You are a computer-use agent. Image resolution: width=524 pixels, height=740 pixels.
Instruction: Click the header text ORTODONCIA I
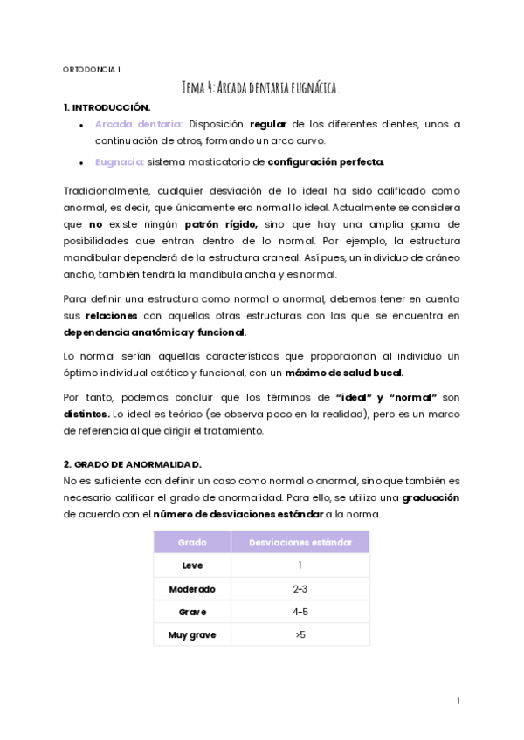coord(93,68)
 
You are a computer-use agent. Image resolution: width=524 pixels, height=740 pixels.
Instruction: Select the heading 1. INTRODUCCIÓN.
coord(107,107)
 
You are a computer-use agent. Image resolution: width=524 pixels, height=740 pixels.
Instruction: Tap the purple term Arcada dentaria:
coord(139,125)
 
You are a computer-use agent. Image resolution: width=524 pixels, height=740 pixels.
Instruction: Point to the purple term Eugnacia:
coord(119,161)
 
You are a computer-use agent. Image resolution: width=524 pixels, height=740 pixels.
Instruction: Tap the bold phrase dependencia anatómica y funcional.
coord(155,332)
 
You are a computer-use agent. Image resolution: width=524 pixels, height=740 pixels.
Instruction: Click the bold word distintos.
coord(86,414)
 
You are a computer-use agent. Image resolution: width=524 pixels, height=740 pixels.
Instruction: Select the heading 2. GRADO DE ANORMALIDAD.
coord(133,465)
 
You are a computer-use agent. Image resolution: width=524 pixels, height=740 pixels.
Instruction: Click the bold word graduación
coord(431,497)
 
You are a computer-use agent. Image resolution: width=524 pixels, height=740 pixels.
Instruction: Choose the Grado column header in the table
coord(192,542)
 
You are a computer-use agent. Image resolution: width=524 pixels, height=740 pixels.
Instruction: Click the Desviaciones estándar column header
coord(300,542)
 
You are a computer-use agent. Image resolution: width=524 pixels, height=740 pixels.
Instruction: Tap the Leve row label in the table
coord(192,565)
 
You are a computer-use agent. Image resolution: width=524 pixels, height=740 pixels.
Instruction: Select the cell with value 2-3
coord(300,589)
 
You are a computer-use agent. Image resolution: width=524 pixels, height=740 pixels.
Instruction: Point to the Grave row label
coord(192,612)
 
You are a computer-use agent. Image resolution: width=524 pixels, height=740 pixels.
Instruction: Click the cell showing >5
coord(300,634)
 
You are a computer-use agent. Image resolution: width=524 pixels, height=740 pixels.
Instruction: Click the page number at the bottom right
coord(458,701)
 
